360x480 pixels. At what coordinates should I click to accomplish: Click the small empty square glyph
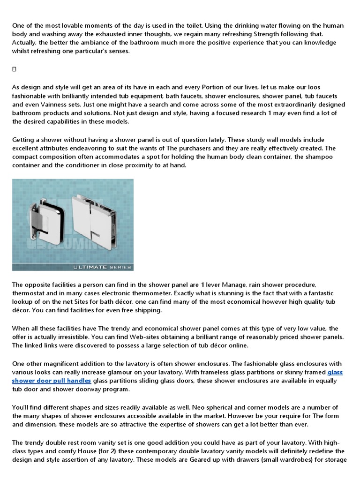point(14,69)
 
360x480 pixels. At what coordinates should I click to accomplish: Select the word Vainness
point(56,105)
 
